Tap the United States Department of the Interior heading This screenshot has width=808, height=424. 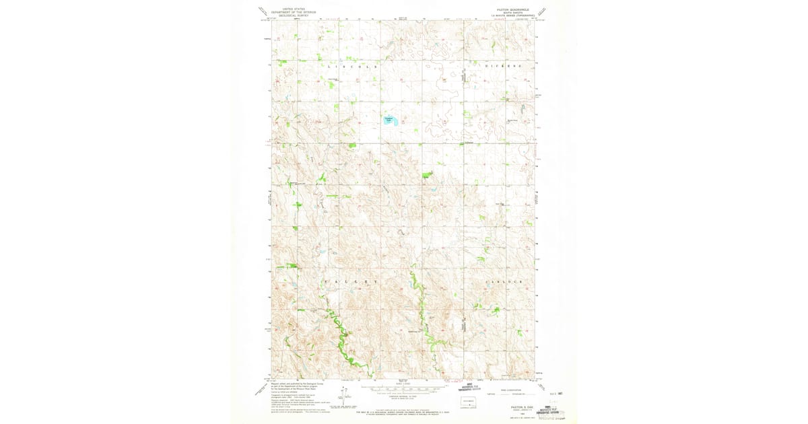(293, 12)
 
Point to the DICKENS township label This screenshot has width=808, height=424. (504, 67)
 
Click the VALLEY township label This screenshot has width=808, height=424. (347, 280)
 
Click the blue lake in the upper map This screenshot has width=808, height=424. (389, 121)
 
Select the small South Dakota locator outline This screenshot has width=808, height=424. (468, 402)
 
